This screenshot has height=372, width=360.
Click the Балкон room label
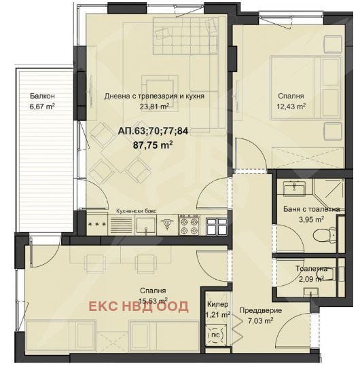42,96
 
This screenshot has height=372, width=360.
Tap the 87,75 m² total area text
153,145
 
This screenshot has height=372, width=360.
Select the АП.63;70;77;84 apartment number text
153,131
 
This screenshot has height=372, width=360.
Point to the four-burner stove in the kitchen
190,225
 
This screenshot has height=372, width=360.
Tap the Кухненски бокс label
137,211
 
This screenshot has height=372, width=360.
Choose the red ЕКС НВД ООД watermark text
139,306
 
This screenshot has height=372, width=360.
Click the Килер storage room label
217,304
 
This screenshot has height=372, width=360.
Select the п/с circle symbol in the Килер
215,335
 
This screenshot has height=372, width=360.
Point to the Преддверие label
261,310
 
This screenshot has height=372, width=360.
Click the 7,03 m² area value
260,321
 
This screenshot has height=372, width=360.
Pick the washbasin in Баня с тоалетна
294,187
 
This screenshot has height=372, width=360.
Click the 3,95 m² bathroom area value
311,219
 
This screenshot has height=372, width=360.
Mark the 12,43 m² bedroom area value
291,107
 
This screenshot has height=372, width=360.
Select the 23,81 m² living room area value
154,107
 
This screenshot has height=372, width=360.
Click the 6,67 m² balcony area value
42,107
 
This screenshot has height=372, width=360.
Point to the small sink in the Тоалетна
311,292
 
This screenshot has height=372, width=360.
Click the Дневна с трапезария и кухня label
154,96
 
